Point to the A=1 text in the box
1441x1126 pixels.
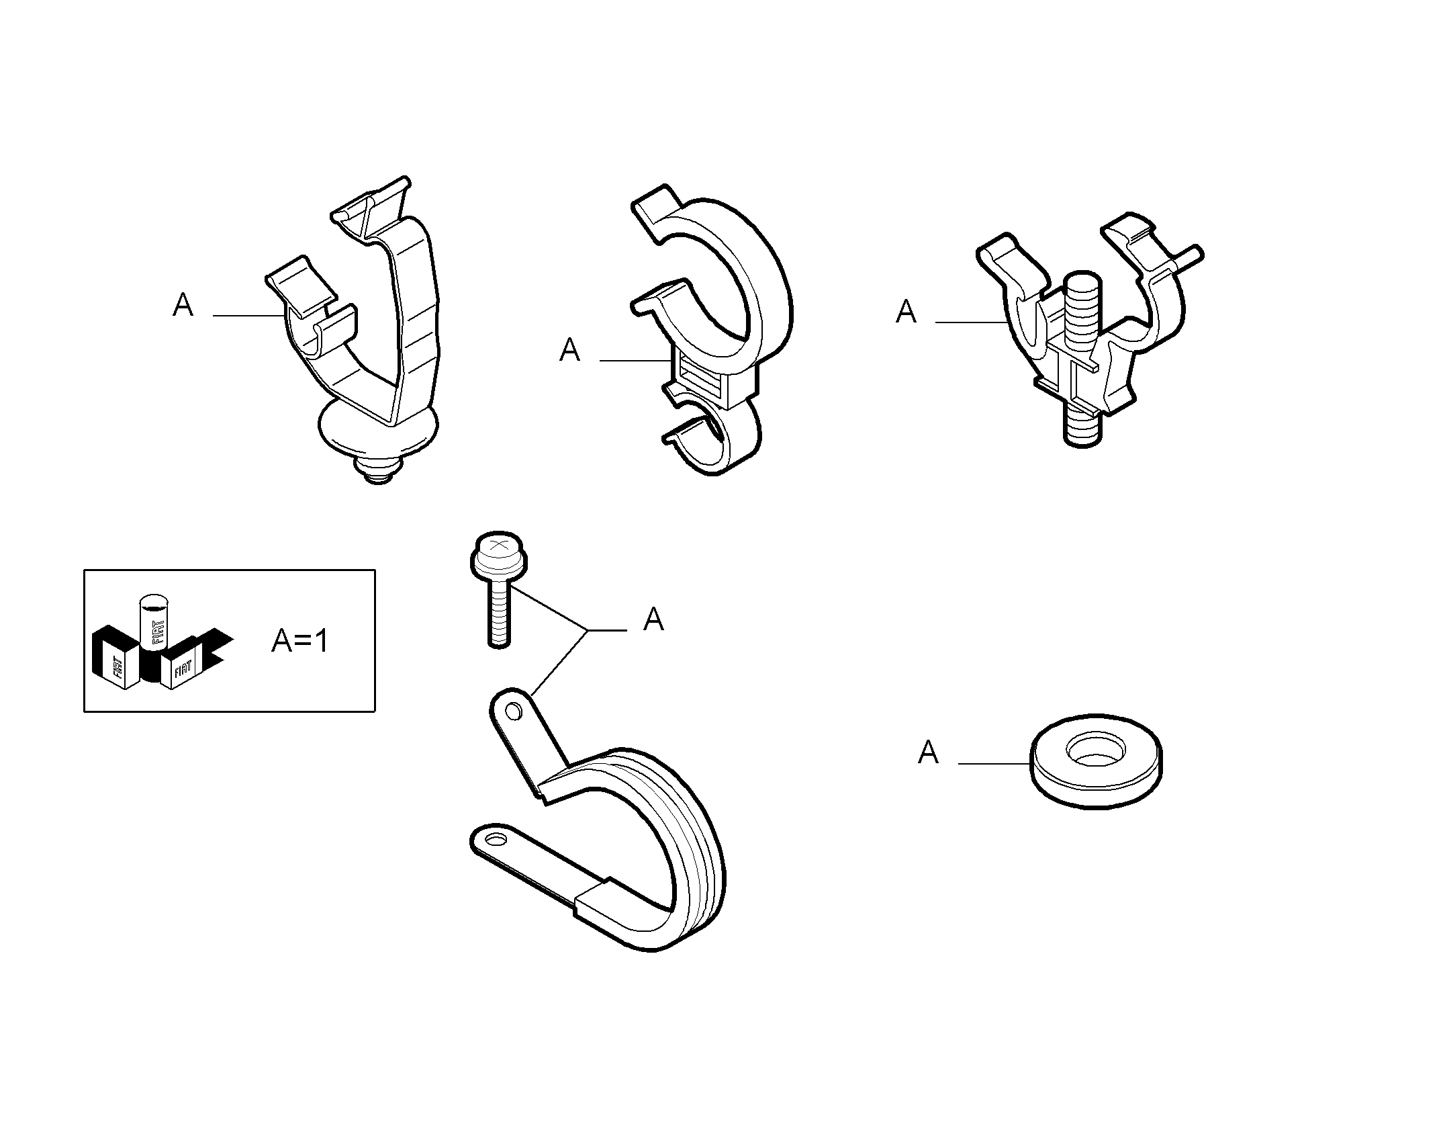pos(299,642)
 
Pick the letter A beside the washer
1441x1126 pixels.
pos(927,752)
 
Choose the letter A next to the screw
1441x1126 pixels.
pos(653,619)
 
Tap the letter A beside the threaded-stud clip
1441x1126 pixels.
pos(906,312)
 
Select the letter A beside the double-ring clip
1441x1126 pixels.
pos(569,350)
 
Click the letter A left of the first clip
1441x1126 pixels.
pos(183,305)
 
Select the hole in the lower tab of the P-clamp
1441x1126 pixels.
pos(498,840)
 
